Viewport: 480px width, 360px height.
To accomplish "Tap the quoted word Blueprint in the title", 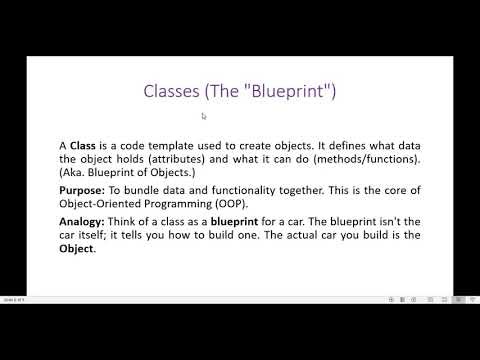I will pos(290,92).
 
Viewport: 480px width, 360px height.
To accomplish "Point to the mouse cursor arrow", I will pos(203,116).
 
